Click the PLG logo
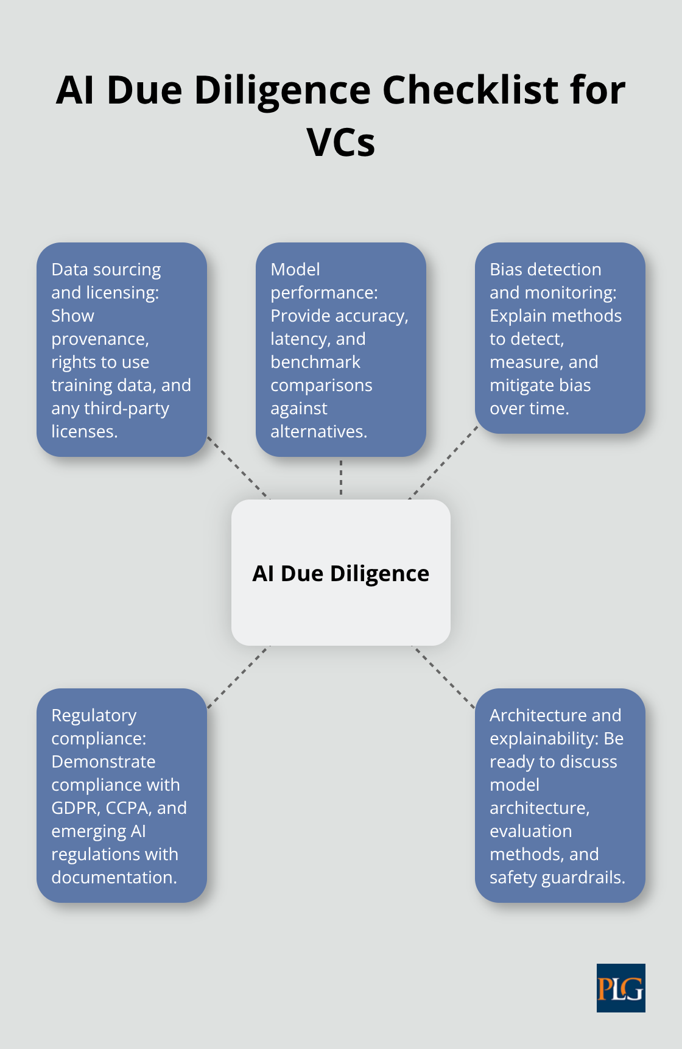[x=620, y=987]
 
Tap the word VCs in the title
[x=341, y=143]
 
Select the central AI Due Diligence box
[x=341, y=573]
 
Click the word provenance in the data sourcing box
[x=100, y=339]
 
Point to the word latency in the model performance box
[x=295, y=339]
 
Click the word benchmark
[x=315, y=362]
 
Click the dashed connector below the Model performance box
[x=341, y=478]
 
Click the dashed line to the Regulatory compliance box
[x=238, y=677]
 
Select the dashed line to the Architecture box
[x=444, y=677]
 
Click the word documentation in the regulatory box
[x=113, y=877]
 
